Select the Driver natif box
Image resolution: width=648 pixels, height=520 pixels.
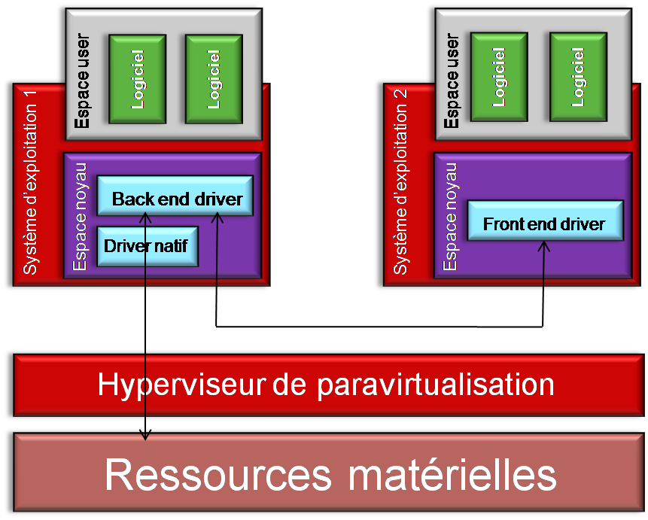(148, 245)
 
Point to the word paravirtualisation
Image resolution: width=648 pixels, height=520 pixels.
(435, 385)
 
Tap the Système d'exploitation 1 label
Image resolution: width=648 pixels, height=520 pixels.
(32, 189)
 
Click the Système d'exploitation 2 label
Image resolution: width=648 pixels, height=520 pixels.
(400, 189)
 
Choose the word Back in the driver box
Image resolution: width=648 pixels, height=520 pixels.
(129, 199)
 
